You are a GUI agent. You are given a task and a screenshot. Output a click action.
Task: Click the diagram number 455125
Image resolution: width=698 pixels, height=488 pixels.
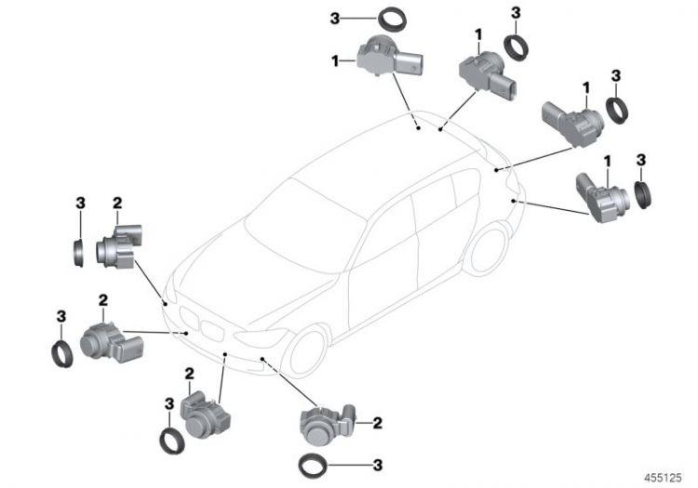(663, 478)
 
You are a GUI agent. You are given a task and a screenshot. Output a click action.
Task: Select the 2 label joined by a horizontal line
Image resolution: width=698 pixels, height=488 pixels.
(378, 423)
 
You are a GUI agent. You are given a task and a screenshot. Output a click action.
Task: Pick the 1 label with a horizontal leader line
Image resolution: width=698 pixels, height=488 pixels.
(335, 61)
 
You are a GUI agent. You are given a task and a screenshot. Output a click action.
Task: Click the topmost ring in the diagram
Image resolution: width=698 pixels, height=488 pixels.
(393, 20)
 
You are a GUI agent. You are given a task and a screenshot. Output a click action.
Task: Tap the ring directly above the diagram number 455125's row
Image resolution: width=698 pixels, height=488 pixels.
(314, 466)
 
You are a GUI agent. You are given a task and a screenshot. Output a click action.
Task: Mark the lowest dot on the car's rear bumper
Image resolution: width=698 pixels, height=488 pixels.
(513, 201)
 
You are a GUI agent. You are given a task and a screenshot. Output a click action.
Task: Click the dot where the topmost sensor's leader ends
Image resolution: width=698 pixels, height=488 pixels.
(419, 128)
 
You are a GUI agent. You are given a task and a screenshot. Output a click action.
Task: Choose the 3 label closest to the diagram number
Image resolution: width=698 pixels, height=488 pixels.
(378, 466)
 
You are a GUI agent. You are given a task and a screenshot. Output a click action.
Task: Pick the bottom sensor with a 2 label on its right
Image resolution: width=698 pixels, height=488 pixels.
(328, 426)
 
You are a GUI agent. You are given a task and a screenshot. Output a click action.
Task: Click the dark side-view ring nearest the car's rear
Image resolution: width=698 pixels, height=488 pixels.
(643, 194)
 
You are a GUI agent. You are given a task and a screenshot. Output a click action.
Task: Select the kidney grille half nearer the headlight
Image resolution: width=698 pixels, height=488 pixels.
(211, 331)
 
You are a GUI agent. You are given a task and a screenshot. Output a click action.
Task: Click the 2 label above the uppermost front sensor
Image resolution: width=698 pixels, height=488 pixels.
(117, 204)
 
